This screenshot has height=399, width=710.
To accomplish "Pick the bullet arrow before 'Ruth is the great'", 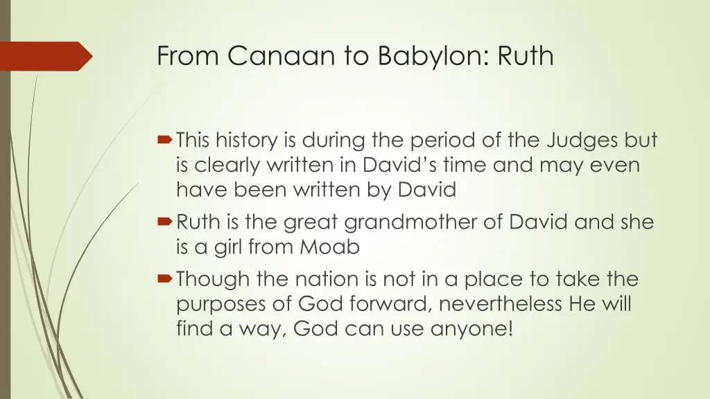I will point(166,223).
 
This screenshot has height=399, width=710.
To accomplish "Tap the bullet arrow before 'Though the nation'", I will point(166,280).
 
